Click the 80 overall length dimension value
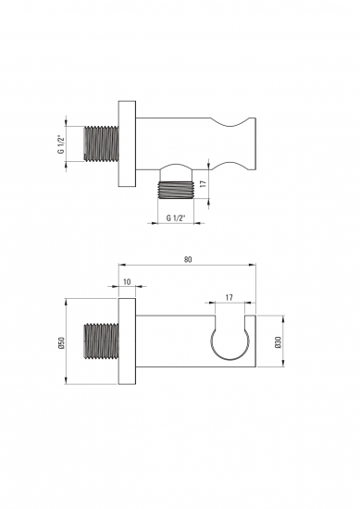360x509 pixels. [188, 259]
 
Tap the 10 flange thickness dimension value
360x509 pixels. [128, 281]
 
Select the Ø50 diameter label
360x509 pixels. [62, 342]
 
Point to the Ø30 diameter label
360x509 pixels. [278, 342]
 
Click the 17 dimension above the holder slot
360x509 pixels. [230, 297]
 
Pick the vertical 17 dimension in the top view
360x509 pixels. [204, 183]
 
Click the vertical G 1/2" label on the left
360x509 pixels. [61, 143]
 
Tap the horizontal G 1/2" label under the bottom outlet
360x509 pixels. [176, 217]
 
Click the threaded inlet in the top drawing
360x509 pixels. [101, 143]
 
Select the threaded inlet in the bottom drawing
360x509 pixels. [101, 341]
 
